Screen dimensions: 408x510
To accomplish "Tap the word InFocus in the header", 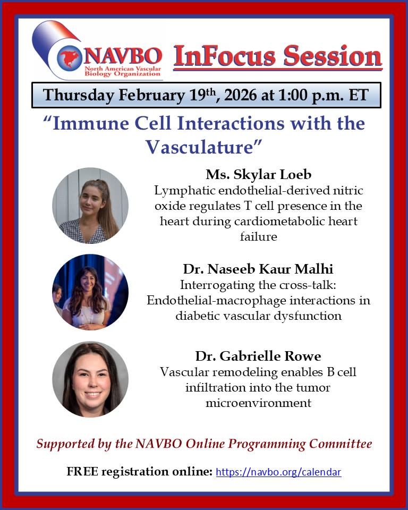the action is pos(225,56).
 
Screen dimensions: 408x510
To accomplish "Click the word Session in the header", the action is pos(333,56).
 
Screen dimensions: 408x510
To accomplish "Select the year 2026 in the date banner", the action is pos(241,95).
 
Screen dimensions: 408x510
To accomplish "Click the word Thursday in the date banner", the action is pos(79,95).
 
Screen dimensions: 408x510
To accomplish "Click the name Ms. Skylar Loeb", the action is pos(258,175).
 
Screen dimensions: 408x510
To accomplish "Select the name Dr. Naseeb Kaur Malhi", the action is pos(258,269).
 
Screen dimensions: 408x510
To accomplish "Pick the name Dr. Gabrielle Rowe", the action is pos(258,356).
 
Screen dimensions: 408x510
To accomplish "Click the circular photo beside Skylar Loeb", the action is pos(90,206).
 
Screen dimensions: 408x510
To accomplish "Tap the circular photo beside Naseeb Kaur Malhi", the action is pos(90,292).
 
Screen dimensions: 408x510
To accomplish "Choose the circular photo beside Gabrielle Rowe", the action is pos(90,379).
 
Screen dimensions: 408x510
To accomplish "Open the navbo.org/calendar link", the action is pos(278,472).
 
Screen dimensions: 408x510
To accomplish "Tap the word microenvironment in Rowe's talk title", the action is pos(258,403).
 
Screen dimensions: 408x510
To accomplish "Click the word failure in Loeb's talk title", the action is pos(258,236).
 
